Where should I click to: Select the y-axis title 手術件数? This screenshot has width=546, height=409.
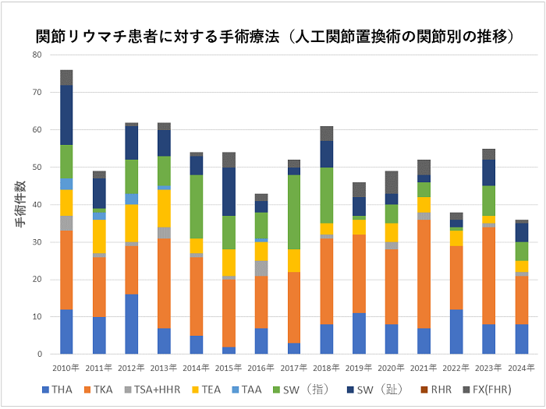tap(21, 204)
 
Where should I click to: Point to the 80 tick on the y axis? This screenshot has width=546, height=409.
tap(37, 55)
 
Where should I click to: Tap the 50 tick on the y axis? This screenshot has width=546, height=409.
tap(37, 167)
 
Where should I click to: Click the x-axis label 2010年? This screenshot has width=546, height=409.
tap(66, 367)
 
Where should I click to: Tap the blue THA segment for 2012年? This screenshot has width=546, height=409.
tap(133, 324)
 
